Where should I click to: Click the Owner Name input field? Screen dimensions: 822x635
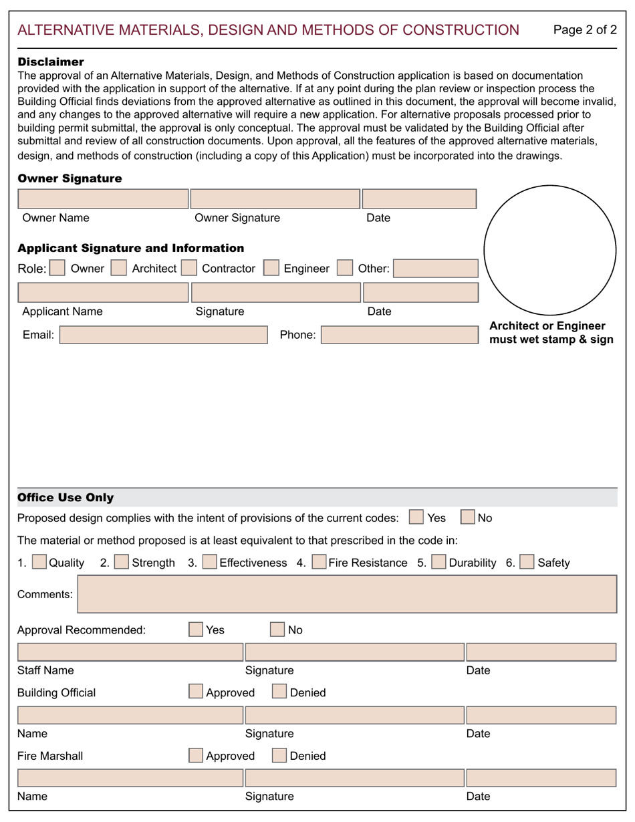103,199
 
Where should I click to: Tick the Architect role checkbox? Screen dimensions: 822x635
118,268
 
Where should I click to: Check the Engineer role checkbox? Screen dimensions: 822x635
271,268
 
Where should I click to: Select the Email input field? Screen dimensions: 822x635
163,335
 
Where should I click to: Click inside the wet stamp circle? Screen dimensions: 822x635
549,250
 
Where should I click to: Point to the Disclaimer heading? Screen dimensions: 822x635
51,62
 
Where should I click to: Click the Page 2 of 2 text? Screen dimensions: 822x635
585,30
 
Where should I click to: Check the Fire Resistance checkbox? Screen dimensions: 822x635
319,562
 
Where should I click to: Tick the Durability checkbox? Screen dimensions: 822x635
439,562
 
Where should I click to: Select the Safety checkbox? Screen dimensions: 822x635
527,562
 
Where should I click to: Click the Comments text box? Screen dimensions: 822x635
347,594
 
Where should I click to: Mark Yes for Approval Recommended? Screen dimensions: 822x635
196,630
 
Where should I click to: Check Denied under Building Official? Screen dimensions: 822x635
279,692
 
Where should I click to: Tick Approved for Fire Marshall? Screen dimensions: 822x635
196,755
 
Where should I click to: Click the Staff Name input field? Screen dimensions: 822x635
130,652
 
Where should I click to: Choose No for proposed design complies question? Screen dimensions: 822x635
468,517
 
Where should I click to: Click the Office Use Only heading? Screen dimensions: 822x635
66,498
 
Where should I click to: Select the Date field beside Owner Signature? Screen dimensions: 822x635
419,199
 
